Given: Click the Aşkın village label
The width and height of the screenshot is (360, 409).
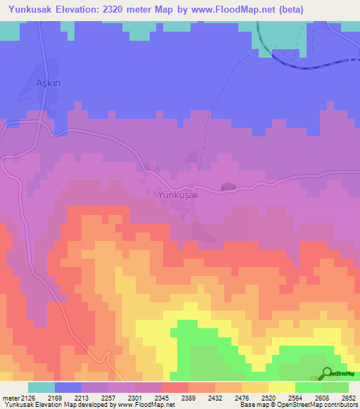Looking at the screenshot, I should pos(49,82).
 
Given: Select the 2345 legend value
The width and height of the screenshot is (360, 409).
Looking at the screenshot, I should pos(162,397).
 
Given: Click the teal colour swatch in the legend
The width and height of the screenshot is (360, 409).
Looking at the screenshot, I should pos(41,387).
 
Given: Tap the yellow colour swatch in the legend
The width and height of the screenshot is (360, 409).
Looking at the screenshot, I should pos(281,387).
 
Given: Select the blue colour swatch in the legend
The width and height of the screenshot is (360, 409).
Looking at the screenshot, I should pos(67,387).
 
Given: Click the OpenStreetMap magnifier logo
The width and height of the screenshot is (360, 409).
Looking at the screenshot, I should pos(327,374).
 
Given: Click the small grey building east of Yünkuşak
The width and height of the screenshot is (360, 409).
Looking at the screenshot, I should pos(227,186).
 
